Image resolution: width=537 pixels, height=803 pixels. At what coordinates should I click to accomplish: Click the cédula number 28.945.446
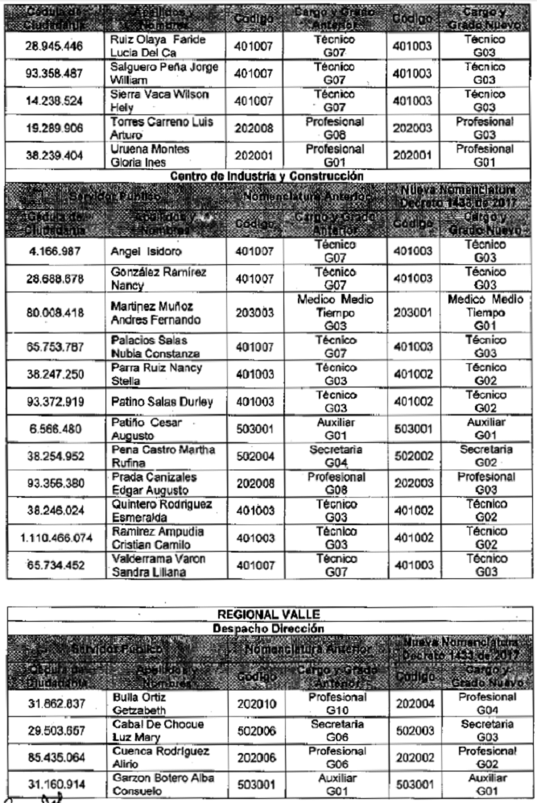[54, 46]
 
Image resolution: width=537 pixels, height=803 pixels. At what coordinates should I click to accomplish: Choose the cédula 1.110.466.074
[54, 538]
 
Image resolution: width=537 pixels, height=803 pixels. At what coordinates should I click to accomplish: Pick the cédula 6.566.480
[54, 428]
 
